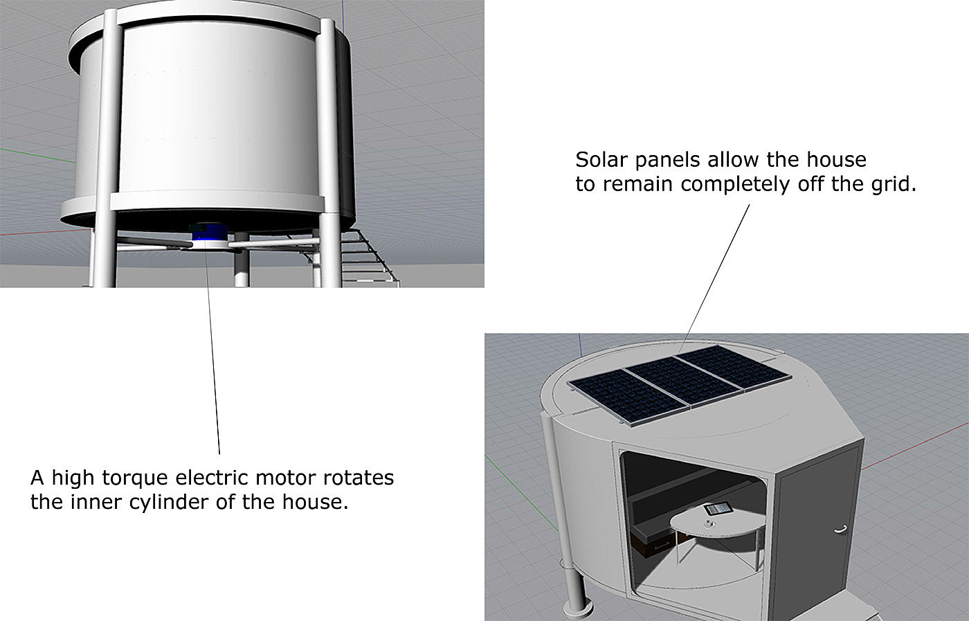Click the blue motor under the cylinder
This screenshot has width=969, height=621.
point(208,232)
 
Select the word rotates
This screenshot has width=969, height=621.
point(359,478)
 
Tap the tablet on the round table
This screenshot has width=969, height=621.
point(716,510)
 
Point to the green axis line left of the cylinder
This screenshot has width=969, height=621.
point(35,155)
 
